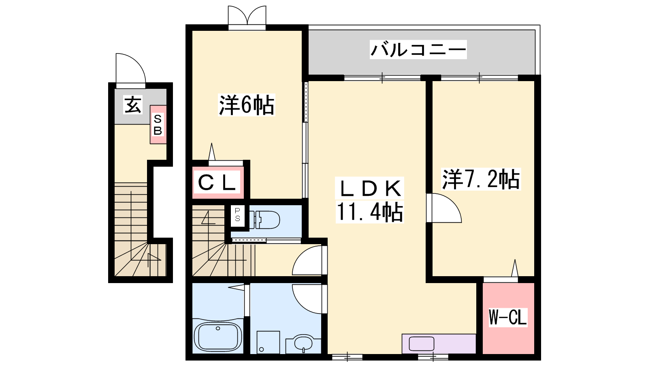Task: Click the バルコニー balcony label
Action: point(418,50)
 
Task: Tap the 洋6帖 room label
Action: point(247,105)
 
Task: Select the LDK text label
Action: point(369,188)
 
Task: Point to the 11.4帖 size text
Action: point(370,212)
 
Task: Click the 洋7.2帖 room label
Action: point(481,179)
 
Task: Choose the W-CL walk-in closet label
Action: point(508,317)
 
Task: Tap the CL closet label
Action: point(217,182)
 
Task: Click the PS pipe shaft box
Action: point(237,215)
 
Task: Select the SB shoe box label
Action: point(158,125)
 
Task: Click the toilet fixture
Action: point(264,220)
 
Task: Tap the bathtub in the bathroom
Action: point(218,337)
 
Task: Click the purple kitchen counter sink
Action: point(422,344)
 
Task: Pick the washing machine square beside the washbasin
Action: point(268,342)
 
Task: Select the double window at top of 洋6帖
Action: point(247,18)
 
